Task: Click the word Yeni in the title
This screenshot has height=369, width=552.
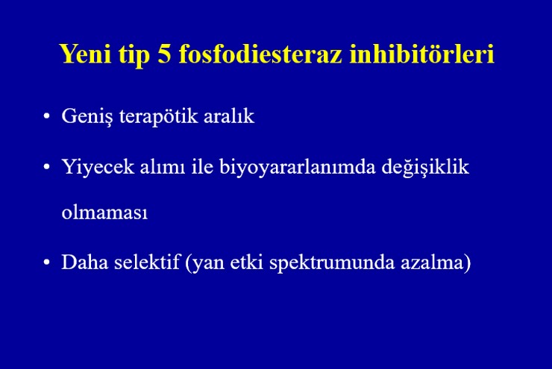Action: pyautogui.click(x=86, y=54)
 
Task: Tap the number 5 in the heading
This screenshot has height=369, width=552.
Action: pyautogui.click(x=164, y=54)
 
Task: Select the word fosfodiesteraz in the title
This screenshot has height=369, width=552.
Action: pyautogui.click(x=260, y=54)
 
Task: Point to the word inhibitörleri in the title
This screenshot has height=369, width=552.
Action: pyautogui.click(x=422, y=54)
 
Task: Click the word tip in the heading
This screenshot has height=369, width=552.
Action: pyautogui.click(x=134, y=56)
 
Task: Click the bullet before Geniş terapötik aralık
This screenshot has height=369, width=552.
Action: pyautogui.click(x=46, y=116)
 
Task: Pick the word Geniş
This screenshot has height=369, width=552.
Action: pyautogui.click(x=87, y=116)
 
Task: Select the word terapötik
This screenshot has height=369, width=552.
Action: pyautogui.click(x=158, y=117)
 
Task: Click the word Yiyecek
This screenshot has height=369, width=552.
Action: pyautogui.click(x=98, y=168)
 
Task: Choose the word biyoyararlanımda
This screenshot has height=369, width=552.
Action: pyautogui.click(x=298, y=168)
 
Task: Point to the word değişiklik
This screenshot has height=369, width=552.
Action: pyautogui.click(x=425, y=168)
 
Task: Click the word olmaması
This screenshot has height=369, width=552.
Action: pyautogui.click(x=104, y=212)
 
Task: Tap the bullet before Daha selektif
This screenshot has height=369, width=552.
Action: pyautogui.click(x=46, y=262)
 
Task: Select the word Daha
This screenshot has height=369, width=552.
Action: pyautogui.click(x=85, y=262)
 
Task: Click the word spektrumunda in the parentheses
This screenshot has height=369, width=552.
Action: pyautogui.click(x=332, y=263)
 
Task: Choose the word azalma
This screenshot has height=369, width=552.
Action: pyautogui.click(x=433, y=262)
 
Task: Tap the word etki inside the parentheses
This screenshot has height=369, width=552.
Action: pyautogui.click(x=247, y=262)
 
